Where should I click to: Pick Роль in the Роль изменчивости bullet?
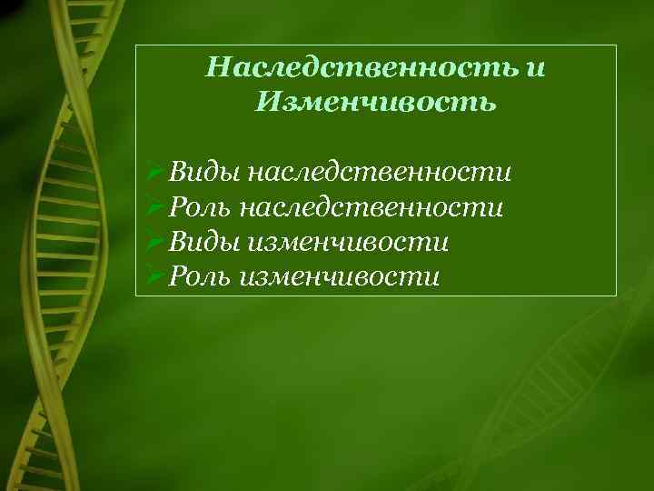(201, 276)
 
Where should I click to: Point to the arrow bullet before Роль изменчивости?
(154, 276)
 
